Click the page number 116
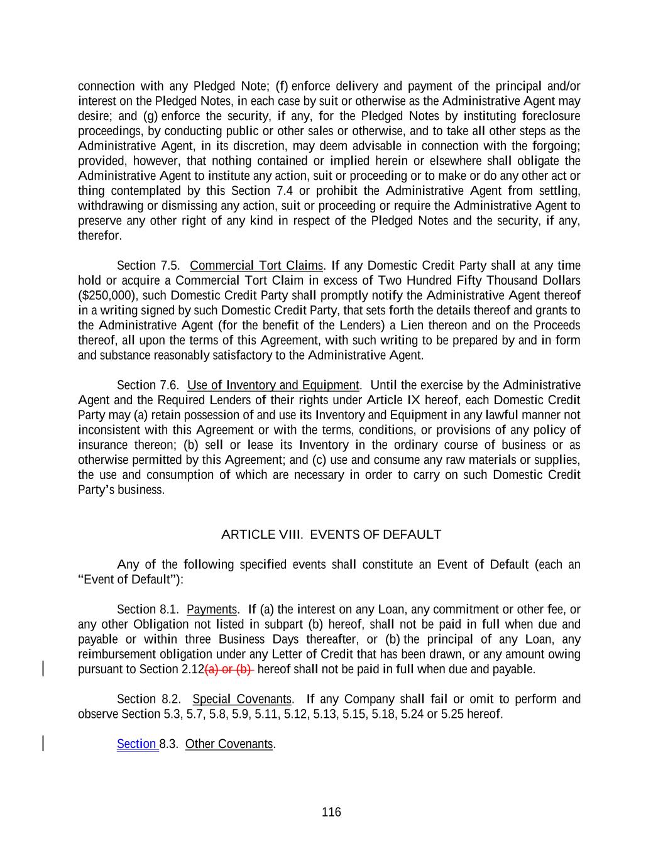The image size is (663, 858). click(331, 812)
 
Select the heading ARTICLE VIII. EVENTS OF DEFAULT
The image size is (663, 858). click(331, 534)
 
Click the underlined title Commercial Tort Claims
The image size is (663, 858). click(256, 265)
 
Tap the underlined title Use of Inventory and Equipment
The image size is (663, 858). click(273, 385)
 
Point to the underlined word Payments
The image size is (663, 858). click(212, 609)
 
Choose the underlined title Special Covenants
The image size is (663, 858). click(242, 699)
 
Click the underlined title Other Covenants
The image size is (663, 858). click(229, 744)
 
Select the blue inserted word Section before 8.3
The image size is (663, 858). click(137, 744)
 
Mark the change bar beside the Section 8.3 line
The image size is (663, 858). click(43, 744)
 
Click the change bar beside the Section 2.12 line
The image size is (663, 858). click(43, 668)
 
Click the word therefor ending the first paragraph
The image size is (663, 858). click(99, 236)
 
